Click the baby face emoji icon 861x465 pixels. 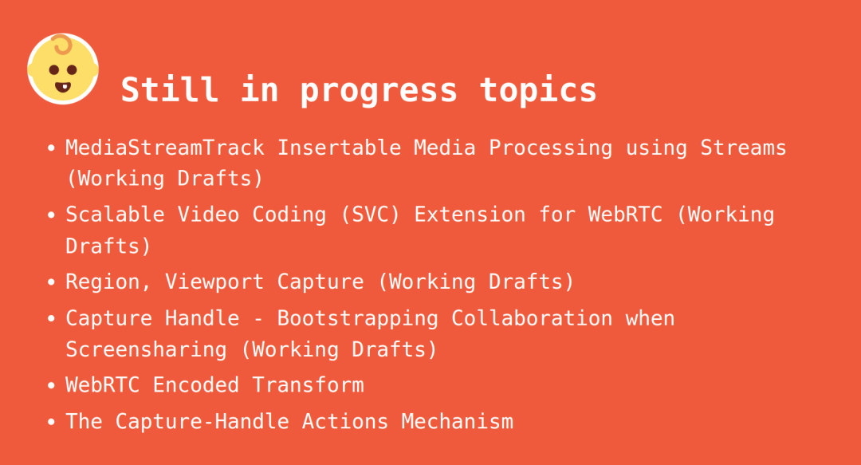pos(63,69)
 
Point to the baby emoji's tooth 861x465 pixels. pos(63,87)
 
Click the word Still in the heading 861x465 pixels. pos(170,89)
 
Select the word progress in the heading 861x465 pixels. pos(379,91)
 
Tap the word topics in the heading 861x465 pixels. pos(538,90)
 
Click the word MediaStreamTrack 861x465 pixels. pos(165,148)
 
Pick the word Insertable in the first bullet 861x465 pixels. pos(339,148)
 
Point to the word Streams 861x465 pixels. pos(743,148)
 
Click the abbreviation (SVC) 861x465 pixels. pos(370,215)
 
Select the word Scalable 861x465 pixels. pos(116,215)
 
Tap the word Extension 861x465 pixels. pos(470,215)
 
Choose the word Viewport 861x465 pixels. pos(214,282)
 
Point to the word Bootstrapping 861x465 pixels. pos(357,319)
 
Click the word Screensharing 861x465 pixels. pos(146,349)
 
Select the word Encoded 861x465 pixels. pos(195,384)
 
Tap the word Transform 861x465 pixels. pos(308,384)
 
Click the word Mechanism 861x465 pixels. pos(457,422)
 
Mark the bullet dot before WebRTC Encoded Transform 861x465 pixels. pos(51,385)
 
